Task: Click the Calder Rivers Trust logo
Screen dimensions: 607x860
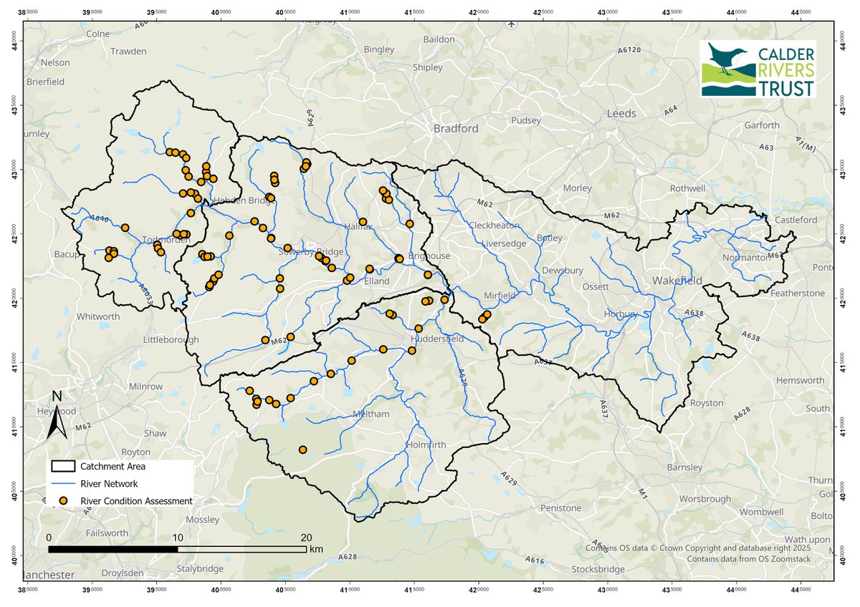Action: click(x=759, y=69)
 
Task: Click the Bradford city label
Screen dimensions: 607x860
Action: click(x=455, y=129)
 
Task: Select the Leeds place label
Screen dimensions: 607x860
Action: click(x=621, y=114)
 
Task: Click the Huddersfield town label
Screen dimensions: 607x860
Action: click(x=439, y=339)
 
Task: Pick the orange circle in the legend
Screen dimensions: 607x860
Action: click(x=64, y=501)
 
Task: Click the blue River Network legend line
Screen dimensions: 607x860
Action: click(x=64, y=484)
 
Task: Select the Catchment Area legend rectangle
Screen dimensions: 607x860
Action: click(x=64, y=466)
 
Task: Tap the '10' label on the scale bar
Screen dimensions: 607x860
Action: click(x=178, y=538)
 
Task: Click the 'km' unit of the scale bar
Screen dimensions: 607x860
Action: click(x=317, y=549)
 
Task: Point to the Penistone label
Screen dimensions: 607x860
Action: click(x=561, y=508)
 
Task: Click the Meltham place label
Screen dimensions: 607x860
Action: click(x=375, y=414)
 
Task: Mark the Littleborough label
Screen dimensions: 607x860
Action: click(x=171, y=339)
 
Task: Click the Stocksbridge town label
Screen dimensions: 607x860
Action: click(x=598, y=569)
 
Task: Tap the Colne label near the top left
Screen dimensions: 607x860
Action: click(x=99, y=34)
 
